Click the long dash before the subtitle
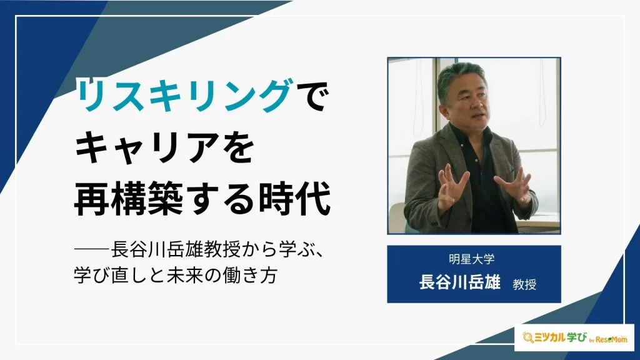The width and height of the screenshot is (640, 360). pyautogui.click(x=92, y=249)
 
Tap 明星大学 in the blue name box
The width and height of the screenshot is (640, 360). pyautogui.click(x=472, y=259)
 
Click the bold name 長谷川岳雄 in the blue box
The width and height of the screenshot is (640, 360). pyautogui.click(x=459, y=282)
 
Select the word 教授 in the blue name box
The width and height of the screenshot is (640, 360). pyautogui.click(x=524, y=284)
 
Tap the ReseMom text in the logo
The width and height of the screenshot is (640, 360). pyautogui.click(x=611, y=339)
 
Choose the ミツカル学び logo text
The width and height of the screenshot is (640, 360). pyautogui.click(x=561, y=337)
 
